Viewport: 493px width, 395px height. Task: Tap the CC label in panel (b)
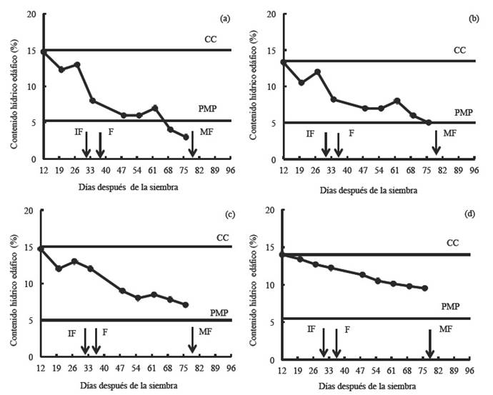[460, 50]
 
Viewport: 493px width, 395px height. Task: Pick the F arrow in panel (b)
[339, 144]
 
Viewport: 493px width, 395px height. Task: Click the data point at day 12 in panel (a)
[44, 51]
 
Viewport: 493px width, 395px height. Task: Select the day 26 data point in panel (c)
[74, 261]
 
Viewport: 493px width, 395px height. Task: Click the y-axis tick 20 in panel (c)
[29, 211]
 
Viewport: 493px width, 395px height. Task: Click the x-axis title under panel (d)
[375, 386]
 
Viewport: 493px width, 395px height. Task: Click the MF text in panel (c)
[204, 332]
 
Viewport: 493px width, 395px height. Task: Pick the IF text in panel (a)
[79, 131]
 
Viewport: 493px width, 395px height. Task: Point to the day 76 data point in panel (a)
[185, 136]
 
